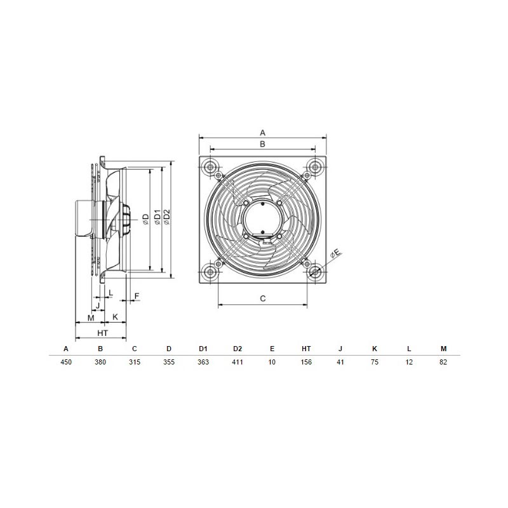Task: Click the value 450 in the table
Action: pyautogui.click(x=66, y=362)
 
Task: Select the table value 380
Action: pyautogui.click(x=100, y=362)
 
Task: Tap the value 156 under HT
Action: pyautogui.click(x=306, y=362)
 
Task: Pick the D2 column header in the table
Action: pyautogui.click(x=237, y=349)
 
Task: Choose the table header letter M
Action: pyautogui.click(x=443, y=349)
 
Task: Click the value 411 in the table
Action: pyautogui.click(x=237, y=362)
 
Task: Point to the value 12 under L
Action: pyautogui.click(x=409, y=362)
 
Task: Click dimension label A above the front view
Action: pyautogui.click(x=263, y=133)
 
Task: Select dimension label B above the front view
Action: pyautogui.click(x=263, y=144)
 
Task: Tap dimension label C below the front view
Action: pyautogui.click(x=263, y=298)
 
